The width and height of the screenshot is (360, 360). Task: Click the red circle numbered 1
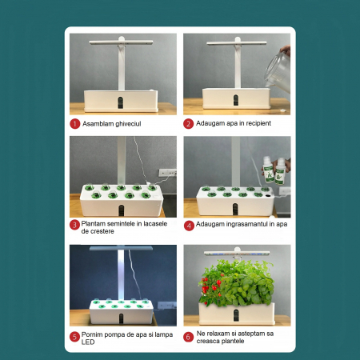click(x=75, y=124)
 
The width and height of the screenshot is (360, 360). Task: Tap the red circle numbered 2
click(x=188, y=124)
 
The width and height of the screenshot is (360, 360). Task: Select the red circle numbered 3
click(x=74, y=225)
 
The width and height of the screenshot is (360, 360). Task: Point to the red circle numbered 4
click(x=189, y=226)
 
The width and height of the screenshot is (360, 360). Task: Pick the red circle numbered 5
click(x=74, y=337)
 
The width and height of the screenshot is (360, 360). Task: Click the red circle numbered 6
click(x=188, y=337)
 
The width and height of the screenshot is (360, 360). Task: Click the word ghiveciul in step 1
click(x=126, y=124)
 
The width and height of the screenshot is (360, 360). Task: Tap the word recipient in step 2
click(x=258, y=123)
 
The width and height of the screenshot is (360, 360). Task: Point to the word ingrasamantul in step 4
click(x=247, y=224)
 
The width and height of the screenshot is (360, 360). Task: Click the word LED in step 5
click(x=88, y=342)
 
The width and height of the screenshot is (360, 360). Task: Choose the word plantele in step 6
click(x=233, y=341)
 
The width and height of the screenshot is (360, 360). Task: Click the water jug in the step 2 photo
click(x=278, y=71)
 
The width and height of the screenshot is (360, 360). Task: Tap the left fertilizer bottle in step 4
click(x=268, y=170)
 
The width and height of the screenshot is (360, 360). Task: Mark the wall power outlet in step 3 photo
click(x=167, y=173)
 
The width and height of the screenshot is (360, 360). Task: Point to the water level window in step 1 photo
click(x=121, y=102)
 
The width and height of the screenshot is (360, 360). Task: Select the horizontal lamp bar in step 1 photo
click(x=121, y=42)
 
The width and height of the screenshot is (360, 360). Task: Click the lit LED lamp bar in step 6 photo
click(x=237, y=253)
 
